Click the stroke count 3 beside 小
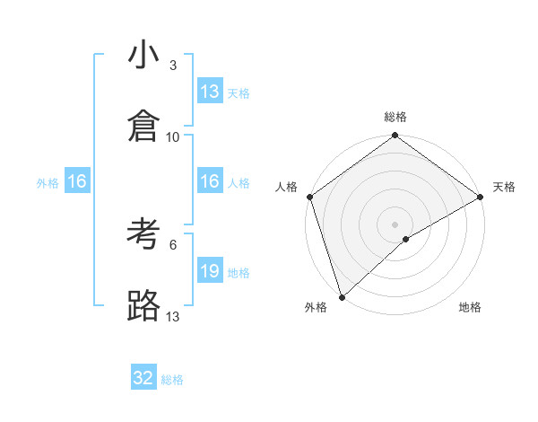[x=173, y=66]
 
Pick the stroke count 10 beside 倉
[x=173, y=136]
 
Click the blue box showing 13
[x=210, y=92]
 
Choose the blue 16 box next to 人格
[x=210, y=181]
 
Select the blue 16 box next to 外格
[x=77, y=181]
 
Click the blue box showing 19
[x=210, y=271]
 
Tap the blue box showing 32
[x=143, y=378]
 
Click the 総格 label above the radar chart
[x=395, y=117]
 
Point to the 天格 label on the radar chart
[x=504, y=187]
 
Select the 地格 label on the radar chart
[x=470, y=307]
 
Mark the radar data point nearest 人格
[x=309, y=196]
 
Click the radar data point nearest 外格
[x=342, y=297]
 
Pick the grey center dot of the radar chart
[x=395, y=224]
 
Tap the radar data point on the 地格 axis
[x=406, y=239]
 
